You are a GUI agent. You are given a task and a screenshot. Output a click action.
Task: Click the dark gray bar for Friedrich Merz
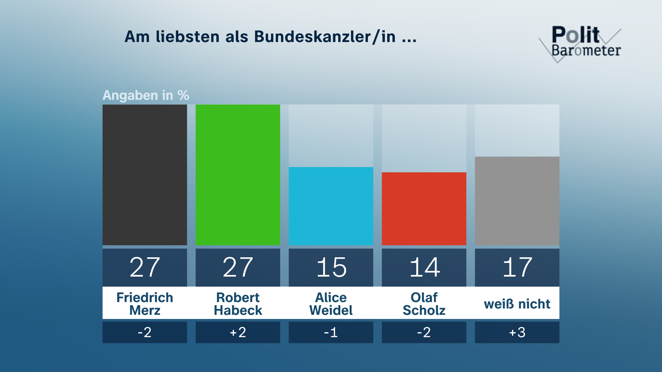(x=145, y=175)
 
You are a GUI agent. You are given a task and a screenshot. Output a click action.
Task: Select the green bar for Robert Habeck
(x=238, y=175)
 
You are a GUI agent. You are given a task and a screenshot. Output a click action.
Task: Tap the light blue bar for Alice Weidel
(x=331, y=206)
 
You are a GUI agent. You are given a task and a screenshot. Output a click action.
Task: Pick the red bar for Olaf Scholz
(x=424, y=209)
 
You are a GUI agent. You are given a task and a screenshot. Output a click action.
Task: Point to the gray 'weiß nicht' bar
(x=517, y=201)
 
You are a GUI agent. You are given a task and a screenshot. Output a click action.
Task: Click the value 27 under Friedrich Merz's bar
(x=145, y=267)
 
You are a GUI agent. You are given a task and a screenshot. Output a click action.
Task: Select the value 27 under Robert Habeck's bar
(x=238, y=267)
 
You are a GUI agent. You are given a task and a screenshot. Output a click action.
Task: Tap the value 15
(x=331, y=267)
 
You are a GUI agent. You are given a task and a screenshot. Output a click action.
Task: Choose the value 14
(x=424, y=267)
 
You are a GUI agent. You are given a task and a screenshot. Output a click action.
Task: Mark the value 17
(x=517, y=267)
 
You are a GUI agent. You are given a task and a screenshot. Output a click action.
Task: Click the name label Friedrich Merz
(x=145, y=303)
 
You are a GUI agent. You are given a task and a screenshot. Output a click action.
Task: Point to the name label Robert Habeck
(x=238, y=303)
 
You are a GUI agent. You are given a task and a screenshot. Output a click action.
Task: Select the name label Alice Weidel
(x=331, y=303)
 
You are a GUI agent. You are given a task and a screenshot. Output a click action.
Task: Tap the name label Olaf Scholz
(x=424, y=303)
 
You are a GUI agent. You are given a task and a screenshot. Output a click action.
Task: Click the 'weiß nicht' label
(x=517, y=304)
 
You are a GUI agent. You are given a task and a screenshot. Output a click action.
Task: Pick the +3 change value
(x=517, y=332)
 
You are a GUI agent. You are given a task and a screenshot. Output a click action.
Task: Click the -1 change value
(x=331, y=332)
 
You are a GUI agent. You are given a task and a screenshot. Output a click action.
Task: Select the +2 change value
(x=238, y=332)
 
